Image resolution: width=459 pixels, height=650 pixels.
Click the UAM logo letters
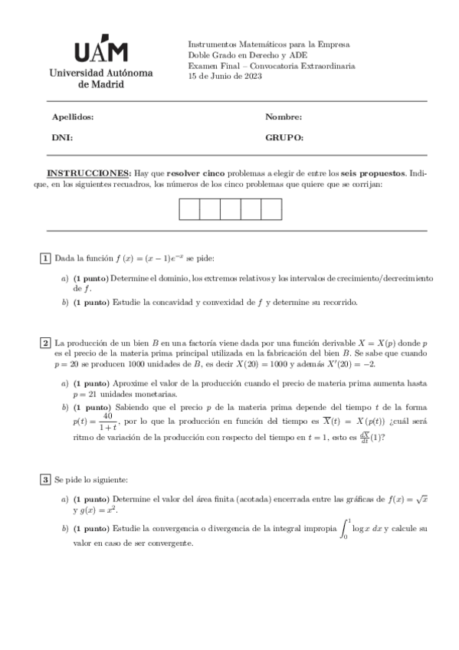point(101,51)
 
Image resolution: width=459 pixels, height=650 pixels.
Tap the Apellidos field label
point(72,117)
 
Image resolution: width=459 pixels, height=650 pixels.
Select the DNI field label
point(61,138)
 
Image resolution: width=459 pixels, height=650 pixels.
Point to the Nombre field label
point(284,117)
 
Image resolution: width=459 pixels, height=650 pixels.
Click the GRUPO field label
point(284,138)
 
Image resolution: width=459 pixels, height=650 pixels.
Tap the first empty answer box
point(189,208)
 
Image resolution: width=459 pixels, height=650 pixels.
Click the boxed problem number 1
point(46,258)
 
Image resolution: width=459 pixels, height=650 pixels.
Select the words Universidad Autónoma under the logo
point(100,73)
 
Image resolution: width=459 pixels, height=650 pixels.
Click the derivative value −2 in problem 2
point(369,364)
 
